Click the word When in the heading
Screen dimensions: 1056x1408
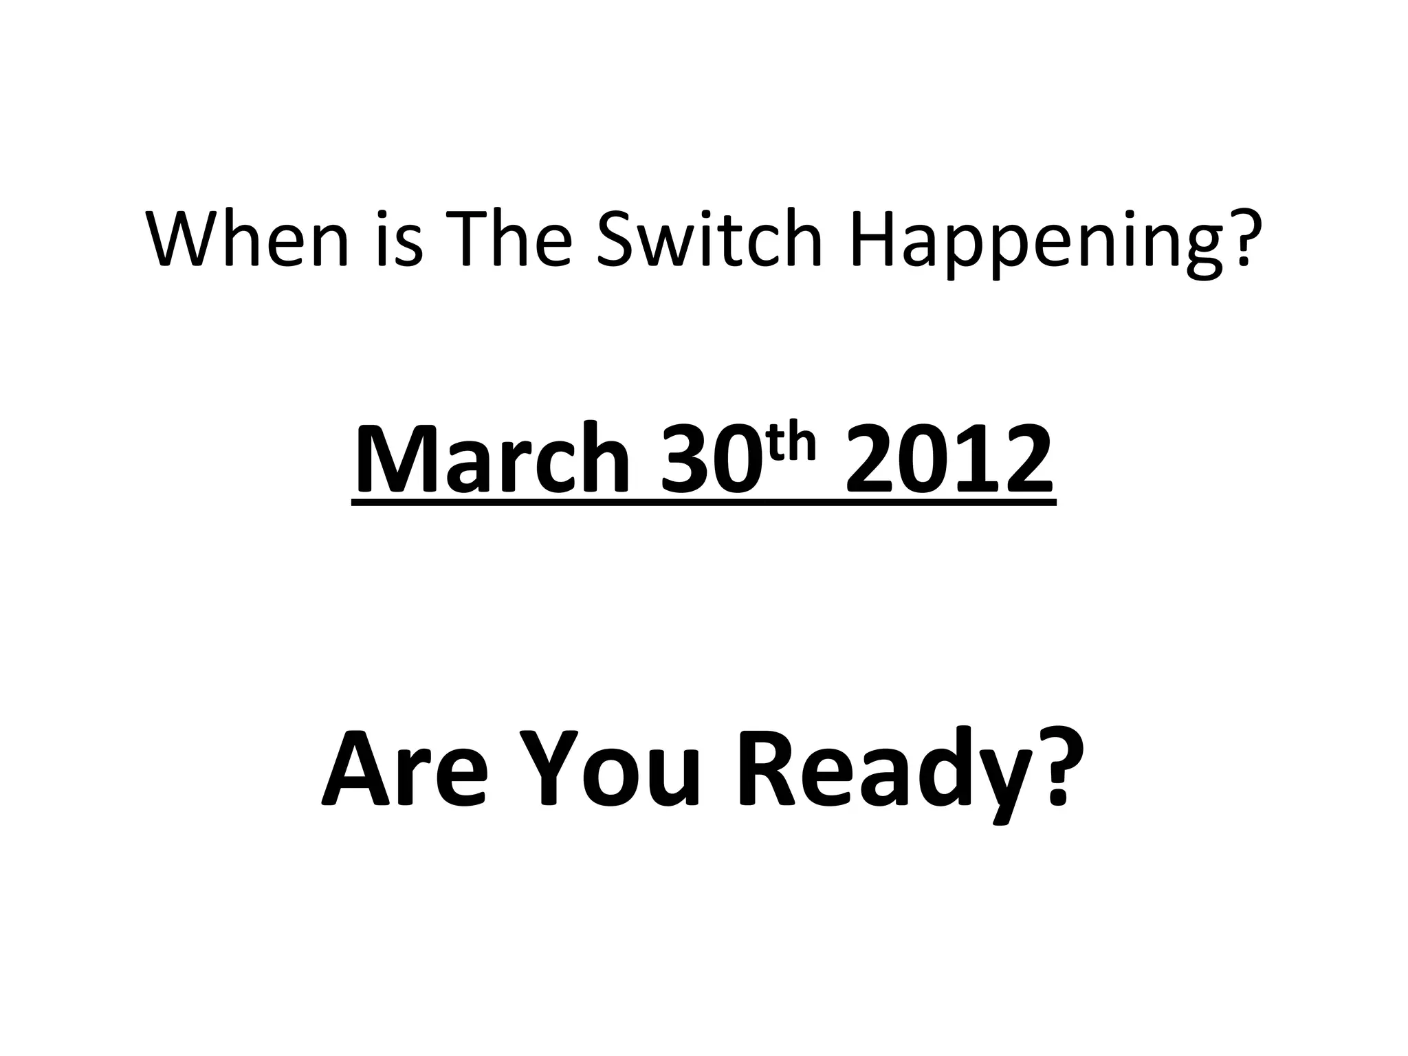click(247, 239)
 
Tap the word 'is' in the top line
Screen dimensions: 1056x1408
click(401, 239)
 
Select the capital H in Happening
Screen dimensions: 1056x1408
click(874, 239)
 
